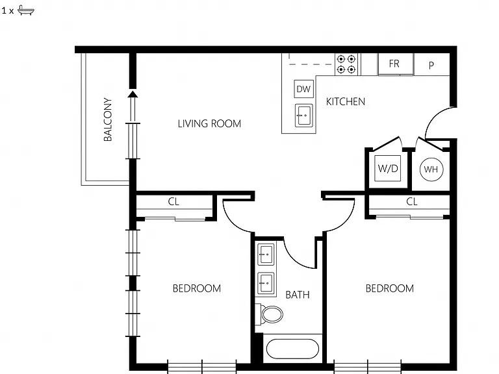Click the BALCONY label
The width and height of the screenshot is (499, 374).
pyautogui.click(x=108, y=119)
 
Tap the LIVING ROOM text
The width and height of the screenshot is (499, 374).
pyautogui.click(x=209, y=123)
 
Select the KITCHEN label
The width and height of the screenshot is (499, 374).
pyautogui.click(x=346, y=101)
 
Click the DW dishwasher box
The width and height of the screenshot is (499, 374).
pyautogui.click(x=303, y=89)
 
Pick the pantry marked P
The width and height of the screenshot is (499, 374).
pyautogui.click(x=431, y=65)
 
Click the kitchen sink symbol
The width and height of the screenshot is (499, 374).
pyautogui.click(x=304, y=116)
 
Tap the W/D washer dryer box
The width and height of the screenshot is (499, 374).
pyautogui.click(x=388, y=168)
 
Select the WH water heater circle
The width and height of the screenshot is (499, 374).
pyautogui.click(x=431, y=169)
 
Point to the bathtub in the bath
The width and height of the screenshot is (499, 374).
pyautogui.click(x=292, y=349)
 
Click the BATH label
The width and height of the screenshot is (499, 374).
pyautogui.click(x=298, y=295)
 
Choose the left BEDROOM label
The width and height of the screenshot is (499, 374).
pyautogui.click(x=197, y=288)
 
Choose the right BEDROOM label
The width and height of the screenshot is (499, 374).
pyautogui.click(x=390, y=288)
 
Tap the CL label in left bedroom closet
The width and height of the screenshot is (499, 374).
pyautogui.click(x=173, y=202)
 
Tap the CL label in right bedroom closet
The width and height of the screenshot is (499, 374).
pyautogui.click(x=412, y=202)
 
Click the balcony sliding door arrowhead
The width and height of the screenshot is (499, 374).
pyautogui.click(x=133, y=93)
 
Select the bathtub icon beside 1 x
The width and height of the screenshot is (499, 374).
pyautogui.click(x=26, y=10)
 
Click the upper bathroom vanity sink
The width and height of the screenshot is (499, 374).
pyautogui.click(x=266, y=255)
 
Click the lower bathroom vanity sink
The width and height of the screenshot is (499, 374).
pyautogui.click(x=266, y=283)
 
